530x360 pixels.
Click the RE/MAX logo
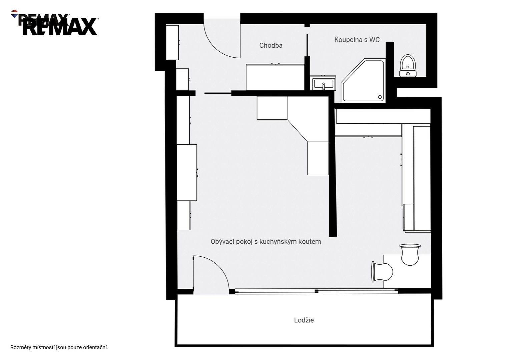[x=55, y=23]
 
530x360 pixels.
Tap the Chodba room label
[x=271, y=45]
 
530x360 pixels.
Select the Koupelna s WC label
[x=357, y=40]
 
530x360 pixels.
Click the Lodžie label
[x=304, y=320]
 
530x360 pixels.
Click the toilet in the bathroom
[x=408, y=66]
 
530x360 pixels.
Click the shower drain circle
[x=380, y=97]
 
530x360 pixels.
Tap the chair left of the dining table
[x=382, y=272]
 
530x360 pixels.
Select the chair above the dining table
[x=410, y=255]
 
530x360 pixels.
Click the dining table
[x=407, y=272]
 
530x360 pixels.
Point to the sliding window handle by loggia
[x=316, y=291]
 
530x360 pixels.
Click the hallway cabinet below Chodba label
[x=275, y=77]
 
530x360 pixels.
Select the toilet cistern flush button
[x=408, y=74]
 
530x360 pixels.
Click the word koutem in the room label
[x=310, y=242]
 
